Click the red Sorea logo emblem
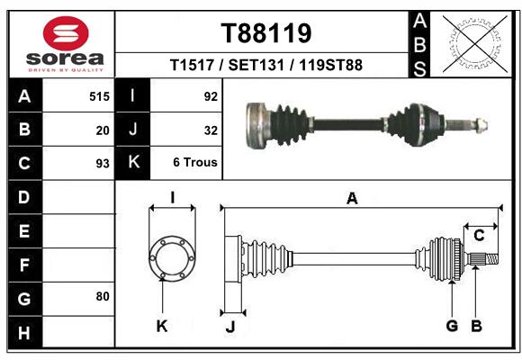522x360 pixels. click(x=66, y=33)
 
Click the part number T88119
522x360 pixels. click(x=266, y=33)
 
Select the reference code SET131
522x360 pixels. click(x=256, y=65)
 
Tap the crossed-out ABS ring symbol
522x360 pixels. click(x=475, y=44)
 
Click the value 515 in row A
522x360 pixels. click(x=99, y=96)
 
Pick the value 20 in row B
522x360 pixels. click(x=103, y=130)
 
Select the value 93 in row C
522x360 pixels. click(x=103, y=164)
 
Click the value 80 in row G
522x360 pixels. click(x=103, y=296)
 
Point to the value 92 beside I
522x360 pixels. click(x=211, y=96)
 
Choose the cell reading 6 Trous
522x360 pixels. click(x=195, y=162)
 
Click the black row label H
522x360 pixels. click(x=24, y=332)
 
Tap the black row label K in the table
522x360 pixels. click(x=133, y=162)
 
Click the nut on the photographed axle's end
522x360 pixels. click(x=481, y=124)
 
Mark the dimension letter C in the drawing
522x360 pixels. click(x=479, y=236)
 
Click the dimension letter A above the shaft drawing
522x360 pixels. click(x=352, y=199)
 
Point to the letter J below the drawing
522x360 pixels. click(x=230, y=327)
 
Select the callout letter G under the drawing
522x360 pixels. click(x=452, y=326)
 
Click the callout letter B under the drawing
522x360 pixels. click(x=476, y=326)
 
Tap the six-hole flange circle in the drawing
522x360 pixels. click(x=152, y=258)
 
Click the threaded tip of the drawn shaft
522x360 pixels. click(x=492, y=258)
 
